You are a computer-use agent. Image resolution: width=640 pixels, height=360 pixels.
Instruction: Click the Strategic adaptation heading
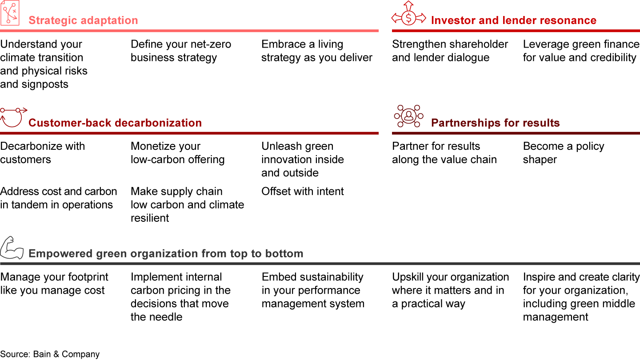point(83,20)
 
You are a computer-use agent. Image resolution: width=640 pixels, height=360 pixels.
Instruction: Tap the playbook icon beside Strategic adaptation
point(10,13)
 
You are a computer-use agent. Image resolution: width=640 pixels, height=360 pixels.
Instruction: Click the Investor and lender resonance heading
point(514,20)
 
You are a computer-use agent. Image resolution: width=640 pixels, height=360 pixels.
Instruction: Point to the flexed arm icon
point(12,248)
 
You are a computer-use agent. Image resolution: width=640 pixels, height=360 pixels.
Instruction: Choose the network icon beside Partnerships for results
point(408,116)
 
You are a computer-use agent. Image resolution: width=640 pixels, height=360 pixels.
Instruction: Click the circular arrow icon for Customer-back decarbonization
point(13,117)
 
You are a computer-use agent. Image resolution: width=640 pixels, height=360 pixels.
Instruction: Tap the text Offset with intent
point(302,192)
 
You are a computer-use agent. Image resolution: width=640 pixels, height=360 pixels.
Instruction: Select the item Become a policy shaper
point(564,153)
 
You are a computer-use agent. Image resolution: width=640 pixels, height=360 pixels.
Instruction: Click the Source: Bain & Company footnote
point(50,354)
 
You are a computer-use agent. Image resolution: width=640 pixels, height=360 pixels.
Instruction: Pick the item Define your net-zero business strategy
point(181,51)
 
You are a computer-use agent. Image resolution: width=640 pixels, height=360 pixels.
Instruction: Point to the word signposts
point(45,84)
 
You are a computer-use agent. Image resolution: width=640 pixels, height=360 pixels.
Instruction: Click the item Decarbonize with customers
point(42,153)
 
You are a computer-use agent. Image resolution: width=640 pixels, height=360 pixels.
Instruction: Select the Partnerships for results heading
point(495,123)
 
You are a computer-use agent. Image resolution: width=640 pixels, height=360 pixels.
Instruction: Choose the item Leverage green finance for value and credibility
point(581,51)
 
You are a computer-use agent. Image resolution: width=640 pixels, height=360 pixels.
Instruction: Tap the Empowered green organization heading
point(166,254)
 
